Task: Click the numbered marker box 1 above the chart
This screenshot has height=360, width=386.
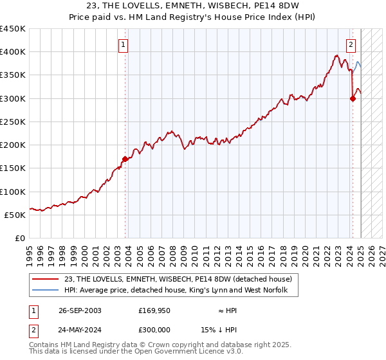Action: click(x=123, y=45)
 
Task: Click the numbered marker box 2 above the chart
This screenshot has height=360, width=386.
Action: click(x=351, y=45)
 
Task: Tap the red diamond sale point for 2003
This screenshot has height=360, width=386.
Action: click(x=125, y=158)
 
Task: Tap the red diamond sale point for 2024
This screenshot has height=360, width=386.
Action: click(x=353, y=98)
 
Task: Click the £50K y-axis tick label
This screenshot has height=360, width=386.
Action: click(x=15, y=215)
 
